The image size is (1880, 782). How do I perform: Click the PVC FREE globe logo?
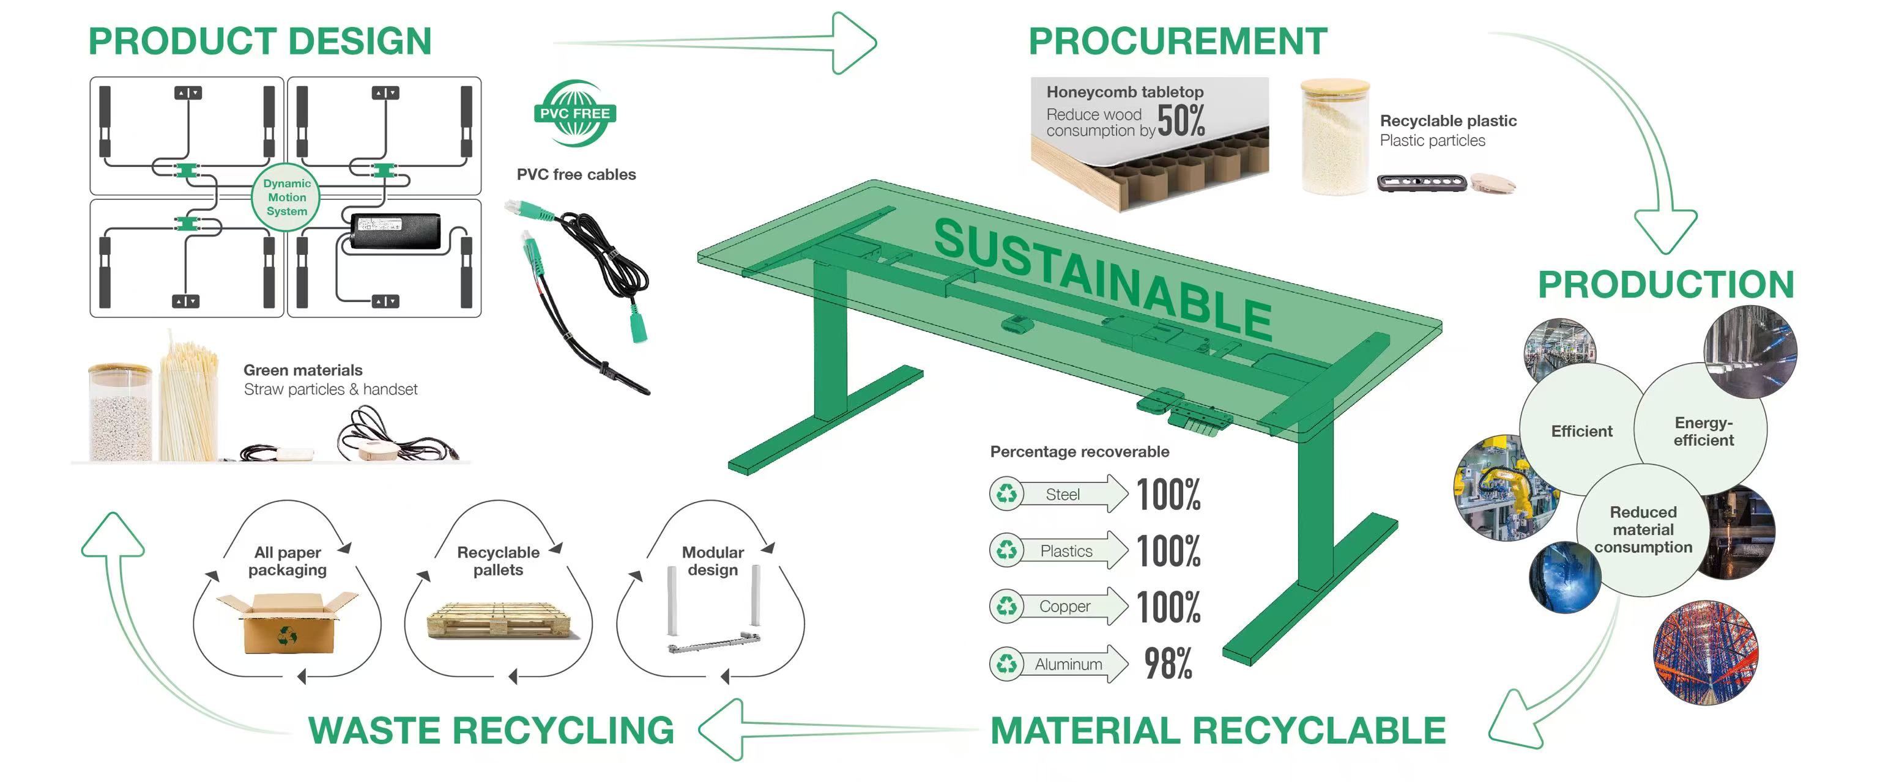pyautogui.click(x=575, y=114)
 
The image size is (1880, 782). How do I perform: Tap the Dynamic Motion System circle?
pyautogui.click(x=287, y=197)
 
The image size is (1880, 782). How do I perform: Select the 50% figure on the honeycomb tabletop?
pyautogui.click(x=1181, y=121)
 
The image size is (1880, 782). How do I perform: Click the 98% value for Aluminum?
pyautogui.click(x=1168, y=664)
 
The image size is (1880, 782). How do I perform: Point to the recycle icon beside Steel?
pyautogui.click(x=1007, y=495)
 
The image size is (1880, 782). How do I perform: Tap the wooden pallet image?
pyautogui.click(x=499, y=622)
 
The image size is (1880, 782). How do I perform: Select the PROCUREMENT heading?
pyautogui.click(x=1177, y=41)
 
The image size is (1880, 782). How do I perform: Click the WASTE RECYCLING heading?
pyautogui.click(x=491, y=730)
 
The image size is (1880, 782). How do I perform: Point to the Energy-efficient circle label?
pyautogui.click(x=1703, y=431)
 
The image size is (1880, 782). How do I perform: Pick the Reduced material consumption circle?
pyautogui.click(x=1643, y=529)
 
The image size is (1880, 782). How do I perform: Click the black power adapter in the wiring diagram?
pyautogui.click(x=395, y=231)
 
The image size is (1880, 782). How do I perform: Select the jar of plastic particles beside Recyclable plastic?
pyautogui.click(x=1335, y=139)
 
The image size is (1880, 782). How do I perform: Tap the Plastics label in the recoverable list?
pyautogui.click(x=1066, y=551)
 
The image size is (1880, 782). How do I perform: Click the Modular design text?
pyautogui.click(x=712, y=561)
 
